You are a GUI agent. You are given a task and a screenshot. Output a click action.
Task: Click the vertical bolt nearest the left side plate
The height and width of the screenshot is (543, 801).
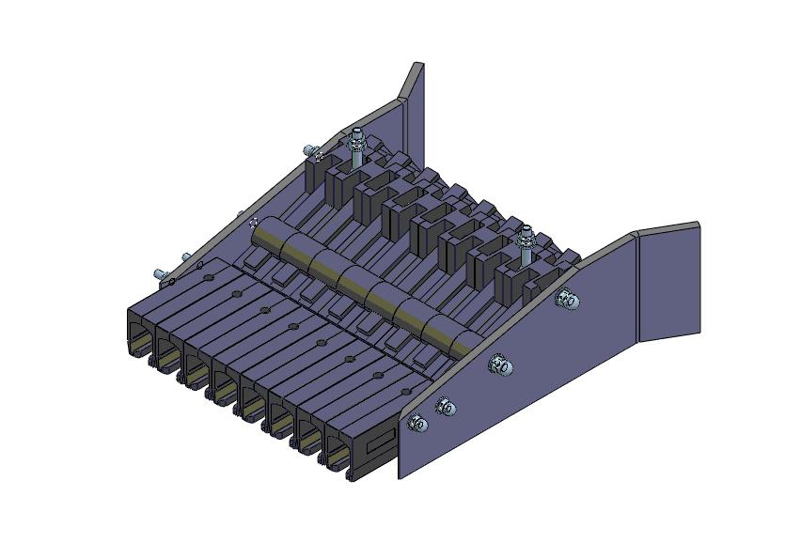[356, 150]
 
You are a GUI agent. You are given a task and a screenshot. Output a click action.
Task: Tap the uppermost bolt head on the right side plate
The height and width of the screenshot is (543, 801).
[568, 300]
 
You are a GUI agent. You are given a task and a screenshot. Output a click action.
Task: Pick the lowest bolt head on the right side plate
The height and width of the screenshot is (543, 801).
[418, 425]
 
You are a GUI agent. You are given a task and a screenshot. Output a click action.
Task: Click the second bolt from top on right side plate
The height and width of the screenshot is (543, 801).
[501, 365]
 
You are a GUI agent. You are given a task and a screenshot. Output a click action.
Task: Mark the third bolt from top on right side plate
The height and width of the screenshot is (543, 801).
[447, 407]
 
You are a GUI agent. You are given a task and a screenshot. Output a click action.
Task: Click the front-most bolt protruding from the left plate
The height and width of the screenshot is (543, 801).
[162, 273]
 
